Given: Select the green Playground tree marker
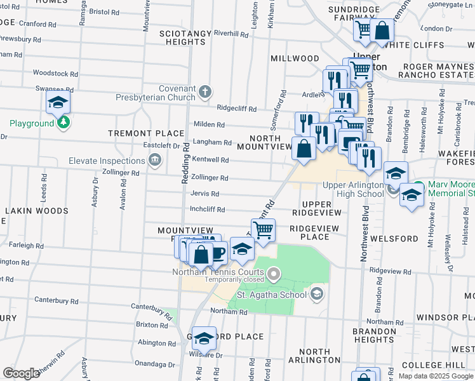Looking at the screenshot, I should (x=63, y=123).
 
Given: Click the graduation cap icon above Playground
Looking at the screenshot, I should (x=58, y=102).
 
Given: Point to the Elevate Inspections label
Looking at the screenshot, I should (x=107, y=161).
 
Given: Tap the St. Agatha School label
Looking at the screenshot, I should (x=272, y=294).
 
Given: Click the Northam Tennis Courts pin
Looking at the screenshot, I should (x=274, y=275).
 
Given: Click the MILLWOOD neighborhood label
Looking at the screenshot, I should (x=295, y=58).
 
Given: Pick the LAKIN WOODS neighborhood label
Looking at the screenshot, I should (x=36, y=210).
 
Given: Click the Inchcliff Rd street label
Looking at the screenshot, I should (x=208, y=209).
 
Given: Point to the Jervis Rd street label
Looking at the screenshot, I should (x=205, y=194).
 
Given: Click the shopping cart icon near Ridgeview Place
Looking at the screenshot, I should (x=263, y=229).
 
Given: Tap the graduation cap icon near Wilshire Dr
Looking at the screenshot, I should (x=204, y=338).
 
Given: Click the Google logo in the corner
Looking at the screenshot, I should (x=21, y=373).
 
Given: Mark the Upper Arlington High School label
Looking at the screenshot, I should (x=354, y=189).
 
